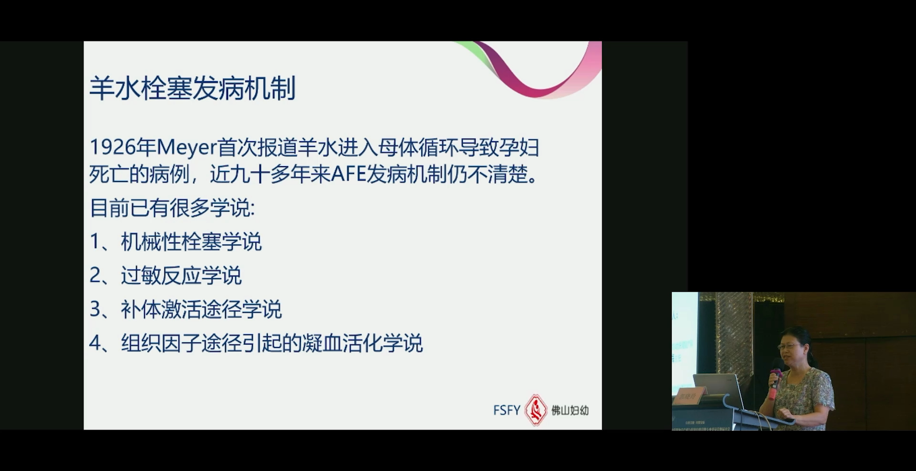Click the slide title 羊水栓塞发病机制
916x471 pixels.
tap(192, 88)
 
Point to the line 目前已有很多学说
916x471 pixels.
tap(172, 208)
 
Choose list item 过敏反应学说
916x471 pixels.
tap(181, 275)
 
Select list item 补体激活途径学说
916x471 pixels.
tap(201, 309)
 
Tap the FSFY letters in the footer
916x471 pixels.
tap(507, 410)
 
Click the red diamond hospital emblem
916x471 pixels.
tap(536, 410)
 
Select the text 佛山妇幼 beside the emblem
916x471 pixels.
tap(570, 410)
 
